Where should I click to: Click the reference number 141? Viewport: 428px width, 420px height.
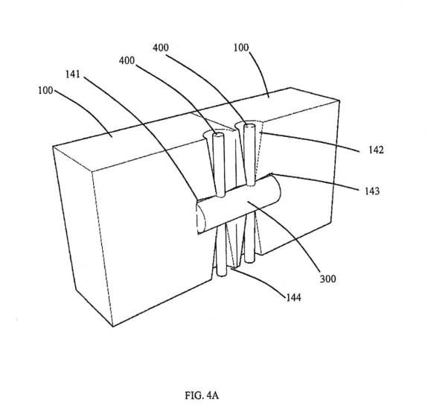(x=73, y=74)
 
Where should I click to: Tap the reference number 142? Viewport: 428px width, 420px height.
(x=376, y=150)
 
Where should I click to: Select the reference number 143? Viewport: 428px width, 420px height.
(x=372, y=191)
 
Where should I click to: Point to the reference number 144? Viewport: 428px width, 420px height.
(x=293, y=297)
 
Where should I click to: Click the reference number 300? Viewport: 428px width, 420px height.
(x=328, y=279)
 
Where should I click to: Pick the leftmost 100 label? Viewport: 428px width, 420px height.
(x=45, y=90)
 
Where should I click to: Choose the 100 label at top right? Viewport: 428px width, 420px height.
(x=241, y=48)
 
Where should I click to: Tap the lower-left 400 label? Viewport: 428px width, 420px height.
(x=127, y=60)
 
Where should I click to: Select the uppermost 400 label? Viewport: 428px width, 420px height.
(x=161, y=48)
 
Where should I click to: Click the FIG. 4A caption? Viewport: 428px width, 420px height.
(x=202, y=395)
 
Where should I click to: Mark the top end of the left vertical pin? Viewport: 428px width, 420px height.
(x=218, y=135)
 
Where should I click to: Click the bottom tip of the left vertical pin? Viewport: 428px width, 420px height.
(x=221, y=275)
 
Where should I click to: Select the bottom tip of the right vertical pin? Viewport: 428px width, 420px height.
(x=249, y=261)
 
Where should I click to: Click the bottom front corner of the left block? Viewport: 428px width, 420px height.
(x=112, y=326)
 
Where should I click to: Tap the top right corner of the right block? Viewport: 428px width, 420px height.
(x=339, y=101)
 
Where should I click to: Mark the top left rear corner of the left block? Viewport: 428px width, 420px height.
(x=53, y=147)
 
